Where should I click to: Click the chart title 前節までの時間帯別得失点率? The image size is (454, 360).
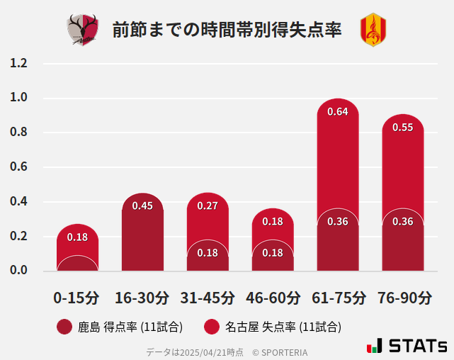coord(227,30)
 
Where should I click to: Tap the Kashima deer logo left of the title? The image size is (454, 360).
coord(84,30)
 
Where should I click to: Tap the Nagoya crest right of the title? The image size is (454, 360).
coord(373,30)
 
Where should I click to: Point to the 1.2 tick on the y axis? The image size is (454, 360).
coord(18,63)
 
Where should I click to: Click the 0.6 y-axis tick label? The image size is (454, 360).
coord(18,167)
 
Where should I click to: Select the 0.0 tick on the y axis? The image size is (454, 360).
coord(18,271)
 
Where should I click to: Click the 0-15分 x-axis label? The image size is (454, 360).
coord(76,297)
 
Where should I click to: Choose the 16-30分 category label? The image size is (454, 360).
coord(142,297)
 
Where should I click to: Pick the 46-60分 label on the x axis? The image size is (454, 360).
coord(273,297)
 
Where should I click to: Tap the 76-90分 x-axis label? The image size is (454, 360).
coord(403,297)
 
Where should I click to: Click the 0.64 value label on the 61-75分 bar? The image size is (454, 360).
coord(338,111)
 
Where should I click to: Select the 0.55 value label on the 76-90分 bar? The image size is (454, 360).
coord(403,128)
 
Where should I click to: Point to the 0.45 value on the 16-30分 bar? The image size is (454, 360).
coord(142,206)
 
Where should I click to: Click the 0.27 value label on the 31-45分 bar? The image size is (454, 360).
coord(208,206)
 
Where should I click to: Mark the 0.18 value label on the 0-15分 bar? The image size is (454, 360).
coord(77,237)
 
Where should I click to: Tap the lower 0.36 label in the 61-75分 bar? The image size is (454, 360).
coord(338,222)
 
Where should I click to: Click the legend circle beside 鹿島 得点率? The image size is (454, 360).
coord(64,327)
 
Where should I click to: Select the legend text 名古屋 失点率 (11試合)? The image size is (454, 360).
coord(283,327)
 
